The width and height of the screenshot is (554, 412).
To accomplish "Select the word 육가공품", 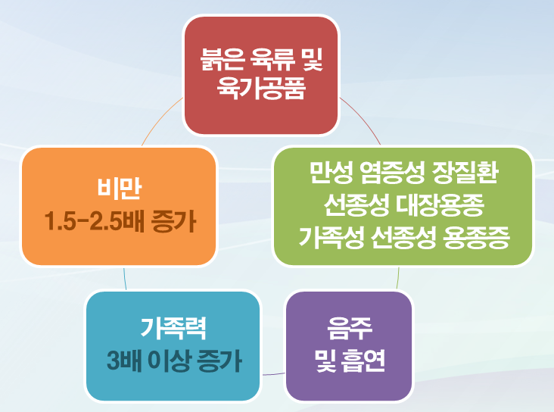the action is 261,88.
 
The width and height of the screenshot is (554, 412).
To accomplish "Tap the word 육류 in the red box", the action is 272,59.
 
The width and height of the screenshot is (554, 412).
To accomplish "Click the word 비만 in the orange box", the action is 120,188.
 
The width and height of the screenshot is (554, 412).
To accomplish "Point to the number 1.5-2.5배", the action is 95,221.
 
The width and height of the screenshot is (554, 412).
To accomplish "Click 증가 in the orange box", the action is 173,221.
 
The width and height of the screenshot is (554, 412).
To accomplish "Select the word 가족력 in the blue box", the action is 173,328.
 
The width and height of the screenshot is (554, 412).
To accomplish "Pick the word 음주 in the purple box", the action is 350,328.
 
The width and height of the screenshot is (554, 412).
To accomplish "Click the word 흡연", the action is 363,360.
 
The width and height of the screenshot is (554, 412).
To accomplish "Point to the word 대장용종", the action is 440,204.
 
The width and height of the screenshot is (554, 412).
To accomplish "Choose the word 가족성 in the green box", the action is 331,237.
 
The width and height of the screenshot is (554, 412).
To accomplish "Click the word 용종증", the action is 476,237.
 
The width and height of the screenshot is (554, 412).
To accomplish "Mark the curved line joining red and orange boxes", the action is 160,119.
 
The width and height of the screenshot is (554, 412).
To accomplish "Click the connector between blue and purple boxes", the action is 273,374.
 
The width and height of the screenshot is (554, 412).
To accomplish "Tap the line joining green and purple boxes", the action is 398,278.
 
